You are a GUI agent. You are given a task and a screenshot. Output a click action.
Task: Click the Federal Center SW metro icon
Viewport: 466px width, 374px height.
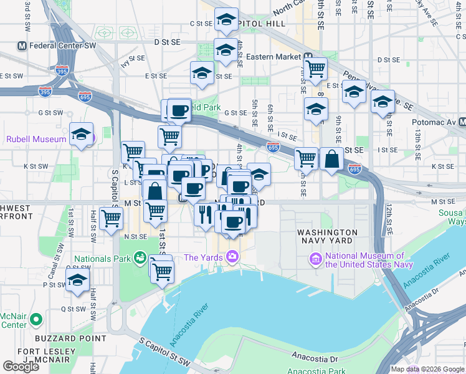click(22, 46)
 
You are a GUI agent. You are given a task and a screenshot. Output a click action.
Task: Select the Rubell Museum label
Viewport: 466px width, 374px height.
click(36, 139)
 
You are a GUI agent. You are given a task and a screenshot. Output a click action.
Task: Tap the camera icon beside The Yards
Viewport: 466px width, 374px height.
click(232, 257)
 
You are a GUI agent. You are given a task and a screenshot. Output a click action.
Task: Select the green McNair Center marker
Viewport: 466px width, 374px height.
click(36, 319)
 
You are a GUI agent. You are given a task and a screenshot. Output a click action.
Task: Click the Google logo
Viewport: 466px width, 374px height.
click(21, 367)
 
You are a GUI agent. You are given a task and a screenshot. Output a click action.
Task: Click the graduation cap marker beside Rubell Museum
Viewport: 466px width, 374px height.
click(81, 134)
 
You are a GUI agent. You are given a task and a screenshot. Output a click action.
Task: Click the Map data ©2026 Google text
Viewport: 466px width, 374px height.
click(427, 369)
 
